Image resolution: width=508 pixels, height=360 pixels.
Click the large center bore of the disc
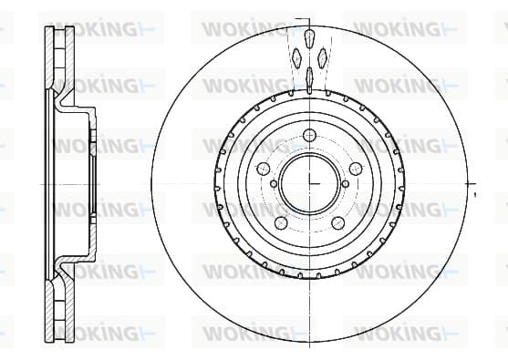(310, 183)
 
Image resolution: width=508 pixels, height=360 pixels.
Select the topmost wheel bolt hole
(310, 135)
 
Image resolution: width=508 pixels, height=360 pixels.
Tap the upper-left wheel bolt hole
(264, 169)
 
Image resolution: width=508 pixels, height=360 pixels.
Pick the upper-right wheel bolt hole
(356, 169)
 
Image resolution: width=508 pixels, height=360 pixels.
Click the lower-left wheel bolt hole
(281, 222)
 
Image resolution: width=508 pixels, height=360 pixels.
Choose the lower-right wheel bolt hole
(338, 222)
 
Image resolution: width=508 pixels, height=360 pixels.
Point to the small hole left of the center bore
(274, 184)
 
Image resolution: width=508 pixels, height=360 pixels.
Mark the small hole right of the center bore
(346, 184)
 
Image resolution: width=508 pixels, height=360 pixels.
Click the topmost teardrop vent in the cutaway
(310, 38)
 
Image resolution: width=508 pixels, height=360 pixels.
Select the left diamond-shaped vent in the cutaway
(296, 58)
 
